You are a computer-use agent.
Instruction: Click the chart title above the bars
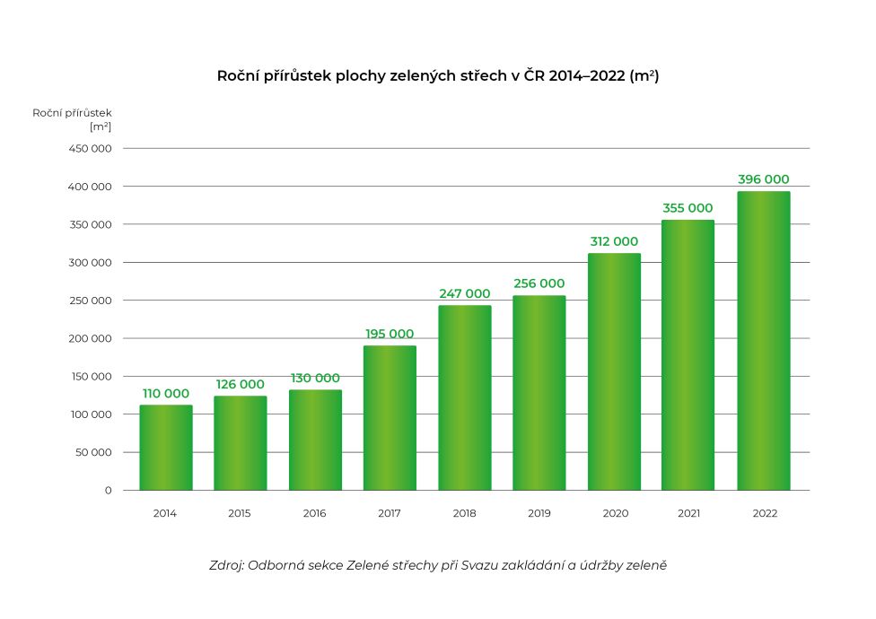click(x=438, y=76)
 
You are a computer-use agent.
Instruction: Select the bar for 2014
click(x=166, y=448)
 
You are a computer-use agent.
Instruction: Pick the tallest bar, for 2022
click(x=764, y=341)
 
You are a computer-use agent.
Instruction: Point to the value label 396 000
click(x=764, y=179)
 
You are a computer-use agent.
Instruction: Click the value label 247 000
click(x=465, y=293)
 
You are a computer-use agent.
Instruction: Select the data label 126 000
click(x=241, y=384)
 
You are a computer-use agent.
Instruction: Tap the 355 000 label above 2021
click(x=688, y=208)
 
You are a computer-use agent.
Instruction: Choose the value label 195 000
click(x=390, y=334)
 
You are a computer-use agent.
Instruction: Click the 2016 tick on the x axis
click(x=315, y=514)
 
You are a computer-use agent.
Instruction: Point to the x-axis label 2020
click(x=615, y=514)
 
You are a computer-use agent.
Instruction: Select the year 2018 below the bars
click(x=465, y=514)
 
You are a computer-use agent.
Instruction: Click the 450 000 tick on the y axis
click(x=90, y=149)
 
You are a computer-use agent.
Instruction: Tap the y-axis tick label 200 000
click(x=90, y=339)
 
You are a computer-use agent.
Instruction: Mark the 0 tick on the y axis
click(x=108, y=491)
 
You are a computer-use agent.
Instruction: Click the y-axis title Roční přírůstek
click(x=72, y=113)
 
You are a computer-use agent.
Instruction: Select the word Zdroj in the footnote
click(x=225, y=566)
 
